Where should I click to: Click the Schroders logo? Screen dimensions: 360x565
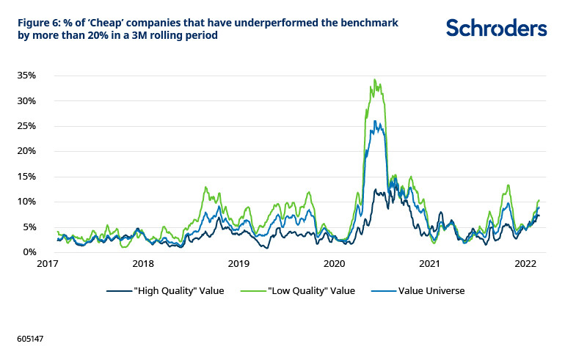496,28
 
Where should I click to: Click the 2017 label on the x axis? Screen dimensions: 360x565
48,263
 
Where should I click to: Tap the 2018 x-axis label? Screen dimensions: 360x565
143,263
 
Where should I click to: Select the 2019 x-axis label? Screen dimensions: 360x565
238,263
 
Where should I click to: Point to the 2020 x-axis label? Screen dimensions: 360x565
334,263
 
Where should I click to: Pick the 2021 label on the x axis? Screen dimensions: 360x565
429,263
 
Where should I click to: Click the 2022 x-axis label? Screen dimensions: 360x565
524,263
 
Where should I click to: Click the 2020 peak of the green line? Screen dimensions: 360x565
374,80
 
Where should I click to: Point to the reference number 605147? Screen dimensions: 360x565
31,340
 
